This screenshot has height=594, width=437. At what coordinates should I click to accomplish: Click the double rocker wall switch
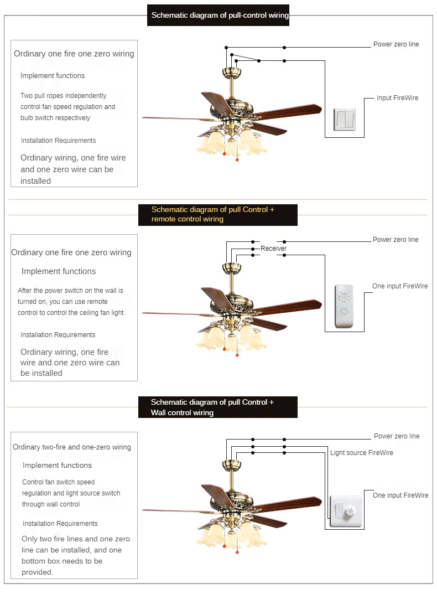click(x=345, y=119)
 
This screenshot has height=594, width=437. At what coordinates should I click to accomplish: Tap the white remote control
click(x=344, y=306)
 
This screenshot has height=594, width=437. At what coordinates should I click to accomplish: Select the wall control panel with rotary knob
click(x=346, y=511)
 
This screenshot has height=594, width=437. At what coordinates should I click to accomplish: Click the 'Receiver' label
click(x=273, y=249)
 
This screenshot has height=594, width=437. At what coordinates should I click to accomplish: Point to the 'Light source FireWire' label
click(x=362, y=453)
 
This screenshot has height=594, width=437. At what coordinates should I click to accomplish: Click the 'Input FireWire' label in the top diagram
click(x=397, y=98)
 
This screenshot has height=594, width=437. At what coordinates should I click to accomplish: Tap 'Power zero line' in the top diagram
click(x=396, y=44)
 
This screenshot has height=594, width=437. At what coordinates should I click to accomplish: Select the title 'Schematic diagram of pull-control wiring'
click(x=220, y=15)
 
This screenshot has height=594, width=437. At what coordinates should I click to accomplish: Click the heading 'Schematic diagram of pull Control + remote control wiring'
click(x=213, y=214)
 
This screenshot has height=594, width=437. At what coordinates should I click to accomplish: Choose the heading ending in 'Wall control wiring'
click(x=212, y=407)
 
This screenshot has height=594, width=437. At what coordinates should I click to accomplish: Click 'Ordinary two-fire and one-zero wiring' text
click(x=72, y=447)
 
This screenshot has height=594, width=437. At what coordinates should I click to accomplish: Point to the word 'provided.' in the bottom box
click(x=37, y=572)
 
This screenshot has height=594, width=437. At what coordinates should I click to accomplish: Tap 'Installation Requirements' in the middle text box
click(x=58, y=335)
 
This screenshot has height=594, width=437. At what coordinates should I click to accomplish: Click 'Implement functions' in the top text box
click(x=53, y=76)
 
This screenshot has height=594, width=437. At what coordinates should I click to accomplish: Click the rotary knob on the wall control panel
click(x=350, y=512)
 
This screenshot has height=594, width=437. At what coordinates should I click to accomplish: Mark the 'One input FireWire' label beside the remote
click(x=400, y=286)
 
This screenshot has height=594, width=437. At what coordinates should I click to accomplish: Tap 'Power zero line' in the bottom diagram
click(x=397, y=436)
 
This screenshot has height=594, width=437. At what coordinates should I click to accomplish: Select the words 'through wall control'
click(x=51, y=504)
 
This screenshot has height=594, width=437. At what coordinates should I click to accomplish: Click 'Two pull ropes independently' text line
click(x=63, y=96)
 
